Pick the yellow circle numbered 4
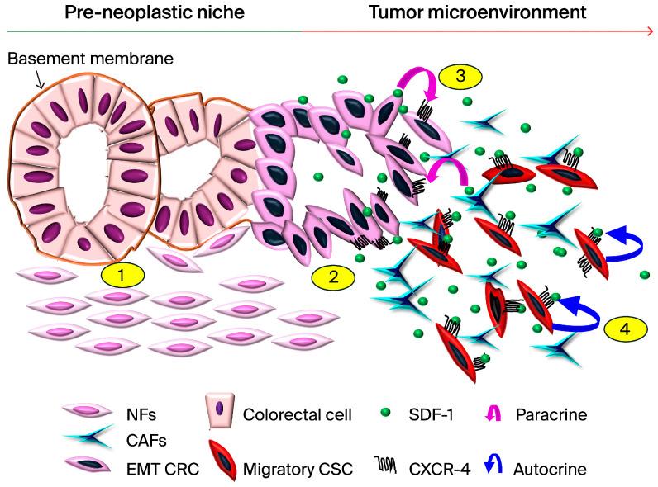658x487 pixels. click(624, 328)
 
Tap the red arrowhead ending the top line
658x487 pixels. click(649, 31)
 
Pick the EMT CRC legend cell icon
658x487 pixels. click(87, 469)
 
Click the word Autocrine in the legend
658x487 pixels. click(550, 469)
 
